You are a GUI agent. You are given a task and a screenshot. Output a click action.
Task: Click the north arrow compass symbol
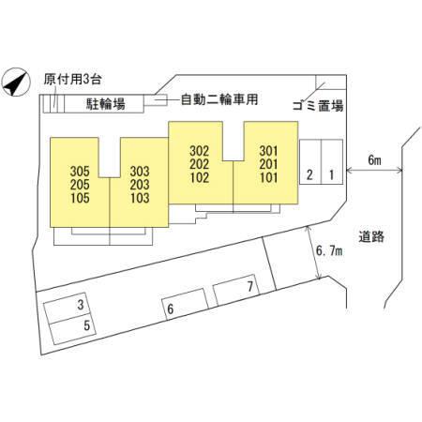[x=16, y=82]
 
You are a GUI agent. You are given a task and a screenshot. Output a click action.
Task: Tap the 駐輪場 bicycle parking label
[x=106, y=104]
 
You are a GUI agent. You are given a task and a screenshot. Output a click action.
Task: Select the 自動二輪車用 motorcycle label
[x=219, y=99]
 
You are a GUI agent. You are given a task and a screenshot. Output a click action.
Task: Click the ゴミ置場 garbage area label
[x=318, y=106]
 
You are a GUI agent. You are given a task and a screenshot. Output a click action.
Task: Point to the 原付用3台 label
[x=72, y=79]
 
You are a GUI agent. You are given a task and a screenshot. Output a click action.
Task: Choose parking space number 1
[x=332, y=162]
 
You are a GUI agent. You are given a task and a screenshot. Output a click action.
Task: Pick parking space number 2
[x=310, y=162]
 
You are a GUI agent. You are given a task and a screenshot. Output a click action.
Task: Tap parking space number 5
[x=72, y=329]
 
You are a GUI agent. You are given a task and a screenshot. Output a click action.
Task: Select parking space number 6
[x=185, y=305]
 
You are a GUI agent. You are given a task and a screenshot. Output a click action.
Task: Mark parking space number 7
[x=236, y=290]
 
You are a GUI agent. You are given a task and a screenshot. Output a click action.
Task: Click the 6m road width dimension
[x=374, y=160]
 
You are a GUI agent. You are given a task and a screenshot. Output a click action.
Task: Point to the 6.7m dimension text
[x=329, y=250]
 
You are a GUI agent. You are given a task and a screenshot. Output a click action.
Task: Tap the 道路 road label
[x=371, y=236]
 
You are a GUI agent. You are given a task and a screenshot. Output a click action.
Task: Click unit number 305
[x=80, y=172]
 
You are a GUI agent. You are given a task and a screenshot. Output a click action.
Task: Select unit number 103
[x=140, y=198]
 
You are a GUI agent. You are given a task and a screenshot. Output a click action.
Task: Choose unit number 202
[x=200, y=164]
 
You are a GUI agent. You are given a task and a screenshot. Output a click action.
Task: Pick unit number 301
[x=268, y=151]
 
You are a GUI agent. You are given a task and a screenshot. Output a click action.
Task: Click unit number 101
[x=268, y=177]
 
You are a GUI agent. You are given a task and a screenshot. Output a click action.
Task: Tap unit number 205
[x=80, y=185]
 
